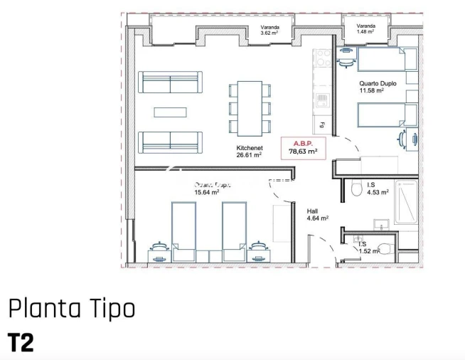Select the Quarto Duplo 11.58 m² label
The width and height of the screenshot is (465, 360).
coord(371,87)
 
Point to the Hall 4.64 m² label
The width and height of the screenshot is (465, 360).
coord(317,215)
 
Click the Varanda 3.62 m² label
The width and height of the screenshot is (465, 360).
coord(269,30)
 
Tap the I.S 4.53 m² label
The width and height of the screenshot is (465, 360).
coord(378,188)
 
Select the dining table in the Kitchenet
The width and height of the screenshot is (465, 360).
coord(249,107)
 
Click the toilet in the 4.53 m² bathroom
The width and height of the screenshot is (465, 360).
coord(357,189)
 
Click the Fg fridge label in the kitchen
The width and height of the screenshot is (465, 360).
coord(322,126)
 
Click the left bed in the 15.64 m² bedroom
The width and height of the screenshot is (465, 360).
coord(183,228)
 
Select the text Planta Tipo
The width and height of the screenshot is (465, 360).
coord(71,309)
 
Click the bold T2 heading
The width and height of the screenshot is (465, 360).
coord(21,342)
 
